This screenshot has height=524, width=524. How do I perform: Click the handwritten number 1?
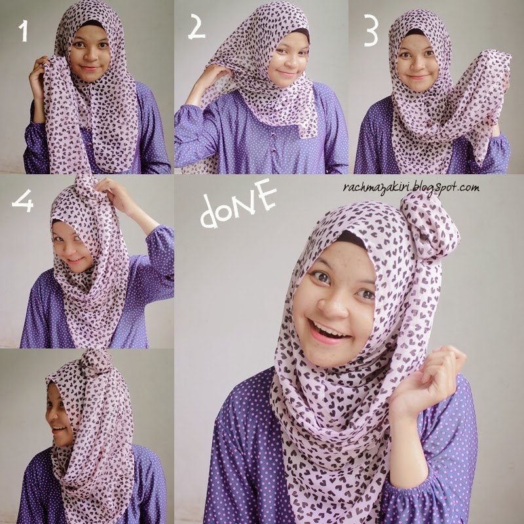pos(24,31)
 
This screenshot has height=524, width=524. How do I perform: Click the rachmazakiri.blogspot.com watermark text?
pos(411,187)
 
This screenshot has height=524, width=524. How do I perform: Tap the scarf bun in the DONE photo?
pos(429,226)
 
